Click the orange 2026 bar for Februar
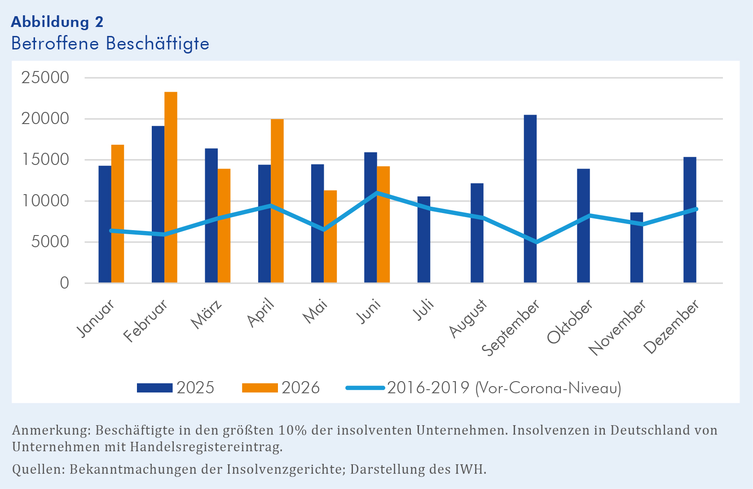[x=171, y=187]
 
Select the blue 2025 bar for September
[x=530, y=199]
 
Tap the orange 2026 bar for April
[x=277, y=201]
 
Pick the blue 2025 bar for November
[x=636, y=247]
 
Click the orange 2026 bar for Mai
[x=330, y=236]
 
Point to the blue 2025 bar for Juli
[x=423, y=239]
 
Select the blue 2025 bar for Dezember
[x=690, y=220]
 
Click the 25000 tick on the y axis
[x=45, y=78]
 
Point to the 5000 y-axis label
[x=50, y=242]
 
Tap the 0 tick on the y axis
[x=65, y=283]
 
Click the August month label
[x=468, y=318]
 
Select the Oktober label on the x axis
[x=570, y=321]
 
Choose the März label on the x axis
[x=206, y=314]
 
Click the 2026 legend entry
[x=281, y=388]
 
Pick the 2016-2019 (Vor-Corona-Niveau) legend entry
[x=484, y=388]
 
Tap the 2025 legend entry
[x=176, y=388]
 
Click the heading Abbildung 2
[x=57, y=22]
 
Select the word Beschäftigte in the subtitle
[x=158, y=44]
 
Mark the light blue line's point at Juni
[x=377, y=193]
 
